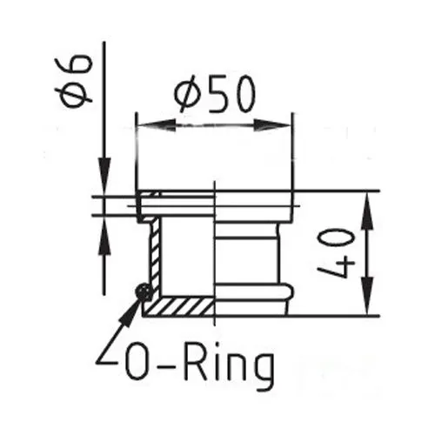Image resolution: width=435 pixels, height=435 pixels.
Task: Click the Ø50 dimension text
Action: point(215,94)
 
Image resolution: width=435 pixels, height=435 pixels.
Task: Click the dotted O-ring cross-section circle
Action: point(144,292)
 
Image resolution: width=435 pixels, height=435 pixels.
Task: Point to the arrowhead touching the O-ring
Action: point(130,311)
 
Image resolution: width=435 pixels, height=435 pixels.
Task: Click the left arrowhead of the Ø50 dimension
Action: point(156,125)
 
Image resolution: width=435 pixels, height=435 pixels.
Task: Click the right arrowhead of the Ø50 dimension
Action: point(272,125)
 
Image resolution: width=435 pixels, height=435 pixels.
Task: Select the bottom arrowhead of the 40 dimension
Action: point(367,295)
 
